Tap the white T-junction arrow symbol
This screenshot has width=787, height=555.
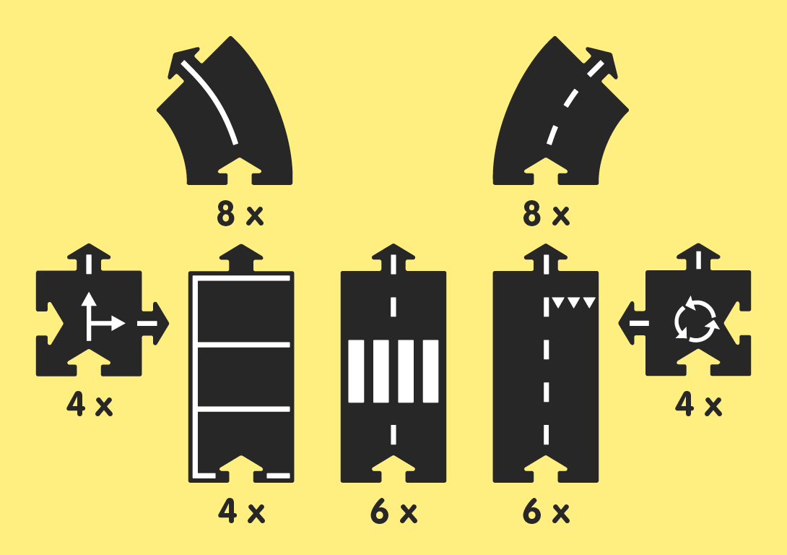click(97, 318)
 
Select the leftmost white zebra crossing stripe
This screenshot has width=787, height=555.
click(357, 371)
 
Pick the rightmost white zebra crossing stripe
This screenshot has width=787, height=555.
click(430, 371)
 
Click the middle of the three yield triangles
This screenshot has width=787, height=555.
click(574, 303)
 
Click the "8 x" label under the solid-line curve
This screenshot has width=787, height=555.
click(240, 215)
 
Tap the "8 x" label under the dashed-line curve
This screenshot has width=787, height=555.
click(546, 215)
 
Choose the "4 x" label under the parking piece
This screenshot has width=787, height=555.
click(241, 513)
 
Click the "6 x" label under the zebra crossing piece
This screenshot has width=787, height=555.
click(393, 513)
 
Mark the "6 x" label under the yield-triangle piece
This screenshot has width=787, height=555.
click(546, 513)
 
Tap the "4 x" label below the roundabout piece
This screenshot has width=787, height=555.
click(698, 405)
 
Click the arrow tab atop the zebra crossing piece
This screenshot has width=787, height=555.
click(393, 259)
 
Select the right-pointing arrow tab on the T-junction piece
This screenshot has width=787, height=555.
click(155, 323)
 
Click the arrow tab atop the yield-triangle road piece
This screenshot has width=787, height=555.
click(546, 259)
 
